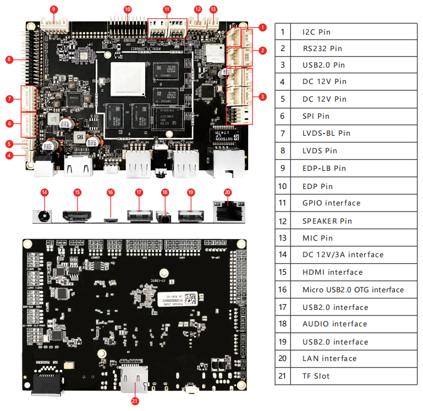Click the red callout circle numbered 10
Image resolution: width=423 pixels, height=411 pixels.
point(128,9)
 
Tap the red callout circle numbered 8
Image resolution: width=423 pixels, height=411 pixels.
point(9,59)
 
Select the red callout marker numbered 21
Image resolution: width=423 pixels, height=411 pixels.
point(135,401)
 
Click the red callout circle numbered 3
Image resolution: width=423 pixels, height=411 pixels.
point(262,97)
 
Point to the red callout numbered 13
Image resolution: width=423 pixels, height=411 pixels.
point(213,9)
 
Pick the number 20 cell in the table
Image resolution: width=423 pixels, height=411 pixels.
point(283,358)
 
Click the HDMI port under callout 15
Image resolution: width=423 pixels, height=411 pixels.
point(77,214)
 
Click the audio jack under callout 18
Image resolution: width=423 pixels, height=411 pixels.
point(164,215)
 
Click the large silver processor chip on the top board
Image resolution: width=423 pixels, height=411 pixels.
point(125,77)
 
